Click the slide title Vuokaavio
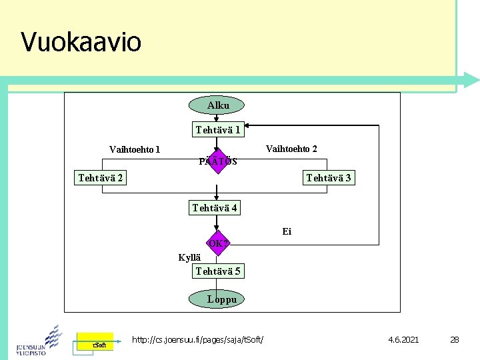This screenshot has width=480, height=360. pyautogui.click(x=81, y=42)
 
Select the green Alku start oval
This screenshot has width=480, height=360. pyautogui.click(x=217, y=105)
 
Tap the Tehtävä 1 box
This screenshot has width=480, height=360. pyautogui.click(x=218, y=129)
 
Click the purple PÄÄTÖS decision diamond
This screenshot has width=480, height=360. pyautogui.click(x=217, y=161)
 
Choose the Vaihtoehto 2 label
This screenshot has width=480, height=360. pyautogui.click(x=291, y=148)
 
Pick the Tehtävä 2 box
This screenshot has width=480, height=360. pyautogui.click(x=100, y=177)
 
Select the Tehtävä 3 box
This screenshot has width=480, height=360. pyautogui.click(x=328, y=177)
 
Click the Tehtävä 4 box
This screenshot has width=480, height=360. pyautogui.click(x=215, y=208)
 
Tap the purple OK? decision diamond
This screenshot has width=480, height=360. pyautogui.click(x=218, y=243)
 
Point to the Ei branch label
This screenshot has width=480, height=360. pyautogui.click(x=287, y=231)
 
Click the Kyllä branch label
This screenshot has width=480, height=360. pyautogui.click(x=189, y=257)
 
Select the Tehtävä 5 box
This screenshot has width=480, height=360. pyautogui.click(x=218, y=271)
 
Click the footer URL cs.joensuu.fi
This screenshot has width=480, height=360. pyautogui.click(x=198, y=340)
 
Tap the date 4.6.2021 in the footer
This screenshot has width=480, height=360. pyautogui.click(x=403, y=340)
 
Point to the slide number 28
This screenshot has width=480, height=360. pyautogui.click(x=455, y=340)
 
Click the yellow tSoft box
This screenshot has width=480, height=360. pyautogui.click(x=95, y=343)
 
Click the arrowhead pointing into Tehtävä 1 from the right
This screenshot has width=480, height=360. pyautogui.click(x=248, y=125)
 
